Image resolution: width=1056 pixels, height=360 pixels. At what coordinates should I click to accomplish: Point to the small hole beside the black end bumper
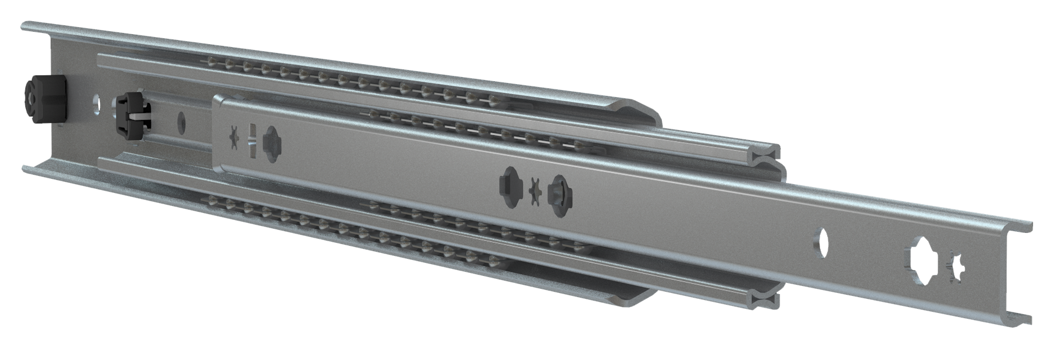pos(95,104)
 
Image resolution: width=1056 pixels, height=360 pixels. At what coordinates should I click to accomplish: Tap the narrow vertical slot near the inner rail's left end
pos(251,141)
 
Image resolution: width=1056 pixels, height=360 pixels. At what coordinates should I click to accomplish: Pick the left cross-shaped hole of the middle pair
pos(509,182)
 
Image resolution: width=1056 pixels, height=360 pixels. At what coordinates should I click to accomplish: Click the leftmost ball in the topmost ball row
pos(209,61)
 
